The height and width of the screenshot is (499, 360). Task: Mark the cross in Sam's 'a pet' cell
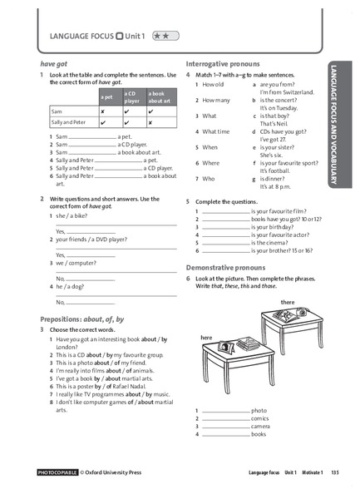102,110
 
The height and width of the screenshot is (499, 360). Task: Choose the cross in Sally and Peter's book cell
150,121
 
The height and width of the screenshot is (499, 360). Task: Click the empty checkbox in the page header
121,37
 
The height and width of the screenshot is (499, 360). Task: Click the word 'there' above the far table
288,302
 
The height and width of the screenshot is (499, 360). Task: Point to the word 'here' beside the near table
207,338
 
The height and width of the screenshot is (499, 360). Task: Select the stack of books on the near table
247,343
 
